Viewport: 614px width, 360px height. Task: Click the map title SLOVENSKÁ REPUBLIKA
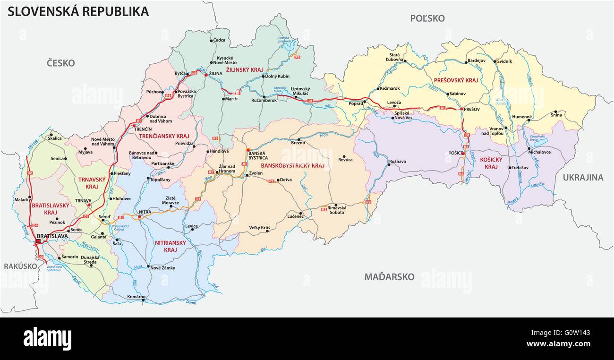(x=78, y=11)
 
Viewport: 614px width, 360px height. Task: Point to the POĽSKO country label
(x=427, y=18)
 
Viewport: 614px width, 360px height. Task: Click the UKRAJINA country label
(x=583, y=178)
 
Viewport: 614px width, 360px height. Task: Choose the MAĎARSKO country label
(x=389, y=277)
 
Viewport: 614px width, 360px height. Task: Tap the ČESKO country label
(x=60, y=63)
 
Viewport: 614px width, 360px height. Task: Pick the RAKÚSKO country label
(x=20, y=266)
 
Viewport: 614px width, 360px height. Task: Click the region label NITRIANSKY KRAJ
(x=171, y=246)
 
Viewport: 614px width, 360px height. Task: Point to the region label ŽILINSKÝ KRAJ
(x=244, y=69)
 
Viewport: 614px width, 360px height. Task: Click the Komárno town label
(x=136, y=297)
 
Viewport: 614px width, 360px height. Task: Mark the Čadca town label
(x=220, y=41)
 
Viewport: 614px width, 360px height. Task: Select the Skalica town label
(x=55, y=138)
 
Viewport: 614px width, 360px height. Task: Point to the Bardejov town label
(x=476, y=60)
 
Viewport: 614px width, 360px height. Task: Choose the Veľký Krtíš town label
(x=259, y=228)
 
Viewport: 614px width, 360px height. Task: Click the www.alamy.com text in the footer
(x=559, y=344)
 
